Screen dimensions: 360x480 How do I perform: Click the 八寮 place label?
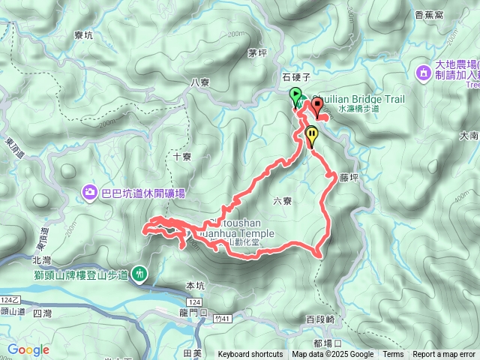click(199, 82)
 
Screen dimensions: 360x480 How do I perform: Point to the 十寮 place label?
click(182, 157)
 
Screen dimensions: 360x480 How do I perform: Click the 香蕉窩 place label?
click(449, 15)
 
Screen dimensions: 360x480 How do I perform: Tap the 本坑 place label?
click(194, 286)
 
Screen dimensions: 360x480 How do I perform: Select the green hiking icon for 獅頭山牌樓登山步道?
click(140, 274)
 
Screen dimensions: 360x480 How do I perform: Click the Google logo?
click(28, 349)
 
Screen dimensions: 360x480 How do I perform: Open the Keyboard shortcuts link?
click(250, 355)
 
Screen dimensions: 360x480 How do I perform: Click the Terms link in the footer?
click(393, 355)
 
